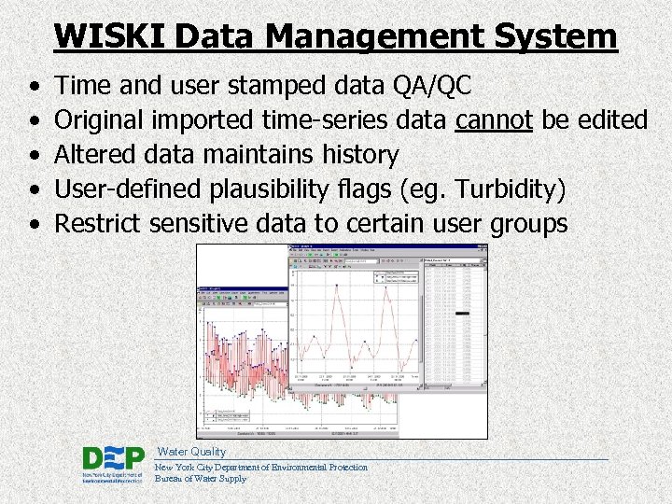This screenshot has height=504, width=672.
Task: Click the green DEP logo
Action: click(x=113, y=463)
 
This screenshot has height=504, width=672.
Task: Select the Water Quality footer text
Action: click(x=191, y=452)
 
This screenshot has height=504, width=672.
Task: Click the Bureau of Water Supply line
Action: click(x=201, y=479)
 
